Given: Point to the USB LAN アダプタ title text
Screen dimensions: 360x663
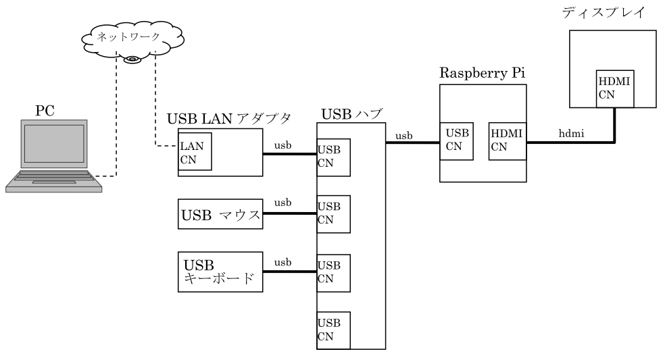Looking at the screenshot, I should (228, 119).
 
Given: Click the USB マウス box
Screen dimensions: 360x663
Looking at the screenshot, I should (220, 216).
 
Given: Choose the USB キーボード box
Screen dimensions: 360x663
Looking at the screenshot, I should (220, 272).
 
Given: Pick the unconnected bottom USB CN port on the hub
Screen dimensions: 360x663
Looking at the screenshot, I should (334, 329).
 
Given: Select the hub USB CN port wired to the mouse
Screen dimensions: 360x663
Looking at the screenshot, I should (334, 213).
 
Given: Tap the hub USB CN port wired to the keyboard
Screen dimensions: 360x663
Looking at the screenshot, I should (334, 272).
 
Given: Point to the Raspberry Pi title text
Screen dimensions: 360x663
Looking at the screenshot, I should (482, 73).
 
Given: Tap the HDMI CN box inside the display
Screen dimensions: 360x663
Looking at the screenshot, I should (615, 88).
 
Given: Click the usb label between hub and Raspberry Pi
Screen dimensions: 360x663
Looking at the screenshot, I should (404, 136).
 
